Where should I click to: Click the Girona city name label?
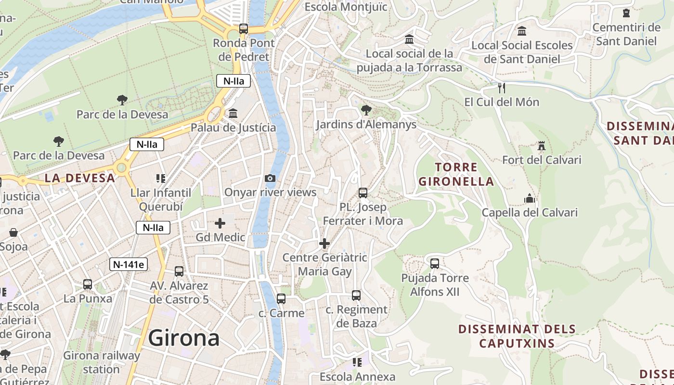pyautogui.click(x=184, y=338)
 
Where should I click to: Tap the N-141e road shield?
pyautogui.click(x=128, y=264)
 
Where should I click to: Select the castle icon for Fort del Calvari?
pyautogui.click(x=542, y=146)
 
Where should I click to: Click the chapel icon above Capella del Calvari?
pyautogui.click(x=530, y=198)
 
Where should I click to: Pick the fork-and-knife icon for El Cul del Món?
pyautogui.click(x=501, y=88)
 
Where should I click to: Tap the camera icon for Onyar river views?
pyautogui.click(x=270, y=179)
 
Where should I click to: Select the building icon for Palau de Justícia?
pyautogui.click(x=233, y=114)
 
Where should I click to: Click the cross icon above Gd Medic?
pyautogui.click(x=220, y=223)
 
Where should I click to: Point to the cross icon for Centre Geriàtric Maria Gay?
pyautogui.click(x=324, y=244)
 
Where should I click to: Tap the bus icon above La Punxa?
pyautogui.click(x=88, y=284)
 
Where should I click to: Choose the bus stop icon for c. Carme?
pyautogui.click(x=281, y=299)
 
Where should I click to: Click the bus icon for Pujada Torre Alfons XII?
pyautogui.click(x=435, y=264)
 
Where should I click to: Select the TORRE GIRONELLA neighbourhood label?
pyautogui.click(x=456, y=174)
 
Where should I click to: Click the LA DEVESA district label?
pyautogui.click(x=80, y=178)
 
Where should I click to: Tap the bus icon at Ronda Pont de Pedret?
pyautogui.click(x=244, y=29)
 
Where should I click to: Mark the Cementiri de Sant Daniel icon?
pyautogui.click(x=626, y=13)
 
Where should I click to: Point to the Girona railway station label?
pyautogui.click(x=102, y=362)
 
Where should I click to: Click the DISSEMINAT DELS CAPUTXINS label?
pyautogui.click(x=517, y=336)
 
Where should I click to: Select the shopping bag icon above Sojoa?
pyautogui.click(x=13, y=233)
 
